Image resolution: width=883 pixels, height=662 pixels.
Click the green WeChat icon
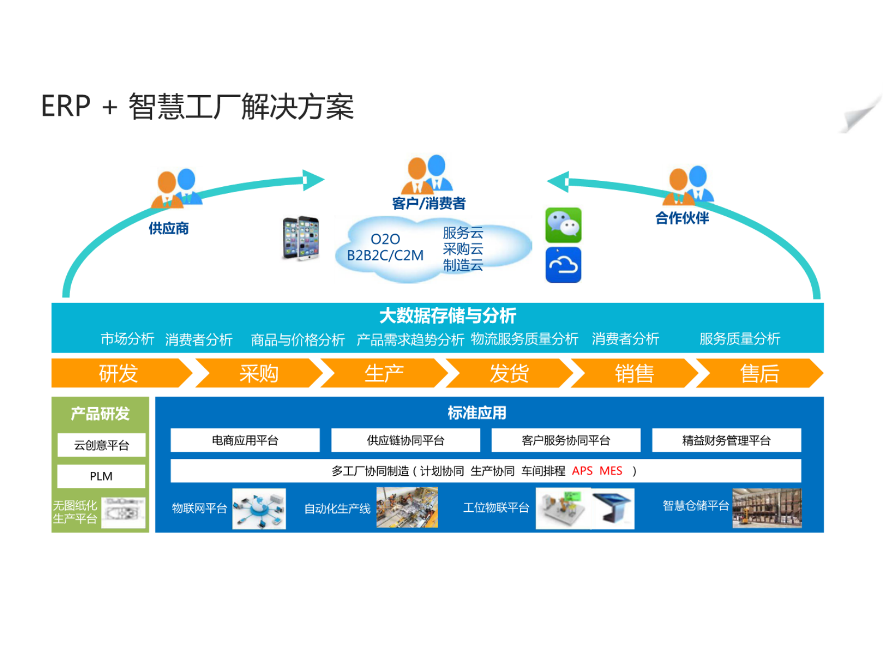(x=563, y=225)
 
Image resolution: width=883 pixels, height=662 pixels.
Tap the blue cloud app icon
(x=563, y=265)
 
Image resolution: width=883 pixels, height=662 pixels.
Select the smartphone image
(x=301, y=238)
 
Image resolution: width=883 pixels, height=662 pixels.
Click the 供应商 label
(x=169, y=228)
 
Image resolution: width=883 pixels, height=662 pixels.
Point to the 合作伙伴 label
(x=682, y=218)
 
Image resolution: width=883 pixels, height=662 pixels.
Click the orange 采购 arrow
(x=259, y=373)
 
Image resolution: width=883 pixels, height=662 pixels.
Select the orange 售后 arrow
(x=759, y=373)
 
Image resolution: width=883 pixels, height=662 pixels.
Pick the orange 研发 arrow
(x=119, y=373)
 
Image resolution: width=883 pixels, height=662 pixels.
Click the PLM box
(x=101, y=476)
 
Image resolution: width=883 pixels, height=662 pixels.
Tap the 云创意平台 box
(x=101, y=445)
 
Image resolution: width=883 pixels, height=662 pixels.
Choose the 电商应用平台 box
(x=245, y=441)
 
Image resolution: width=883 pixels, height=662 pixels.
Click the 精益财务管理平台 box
(x=726, y=441)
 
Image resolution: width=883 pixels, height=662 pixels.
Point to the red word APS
(x=582, y=471)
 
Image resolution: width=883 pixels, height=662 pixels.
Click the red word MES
(x=610, y=471)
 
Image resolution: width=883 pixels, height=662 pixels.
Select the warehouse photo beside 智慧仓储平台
(x=766, y=508)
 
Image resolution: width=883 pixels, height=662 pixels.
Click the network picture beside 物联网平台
(x=259, y=508)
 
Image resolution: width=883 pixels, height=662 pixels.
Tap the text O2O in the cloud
(x=385, y=239)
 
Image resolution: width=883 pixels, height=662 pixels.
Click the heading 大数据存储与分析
(x=447, y=316)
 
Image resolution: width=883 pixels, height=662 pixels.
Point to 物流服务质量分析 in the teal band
(x=524, y=339)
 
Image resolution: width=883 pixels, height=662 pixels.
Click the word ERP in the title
(x=66, y=106)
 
